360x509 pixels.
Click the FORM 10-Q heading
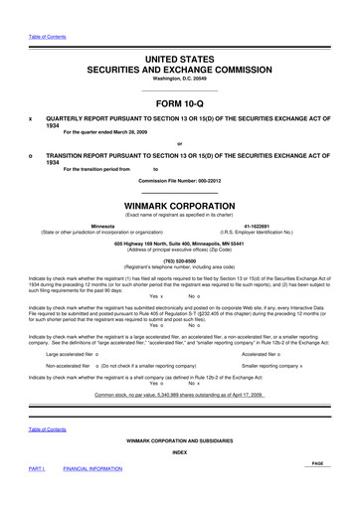coord(179,102)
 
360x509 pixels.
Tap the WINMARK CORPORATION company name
coord(179,210)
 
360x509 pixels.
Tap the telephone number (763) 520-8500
coord(179,262)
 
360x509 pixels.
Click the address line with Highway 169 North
coord(179,245)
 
